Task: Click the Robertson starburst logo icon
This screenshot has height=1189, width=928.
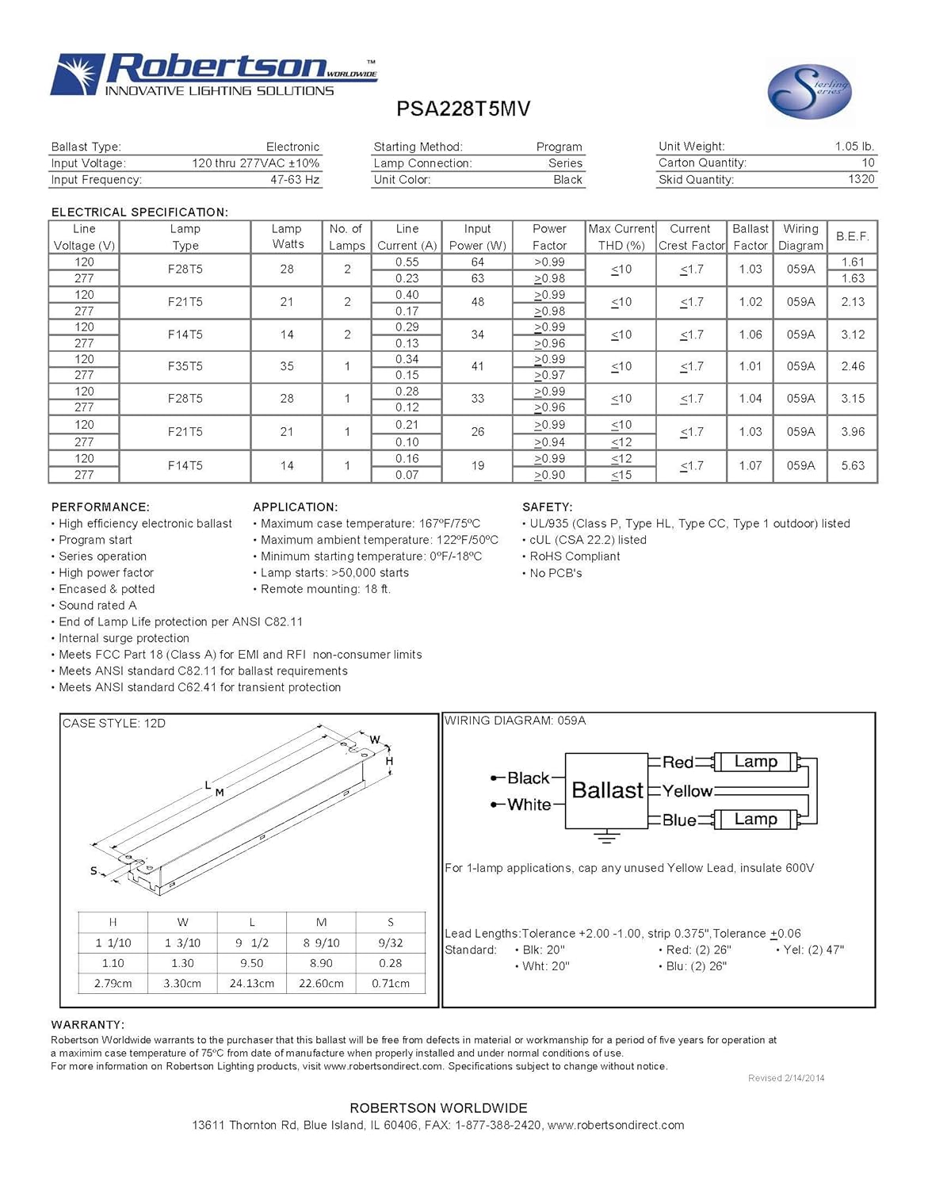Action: coord(78,75)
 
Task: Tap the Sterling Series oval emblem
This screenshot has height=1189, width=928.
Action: coord(808,92)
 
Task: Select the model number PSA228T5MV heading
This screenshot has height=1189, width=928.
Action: coord(463,109)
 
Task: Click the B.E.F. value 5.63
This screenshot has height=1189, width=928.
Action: coord(853,466)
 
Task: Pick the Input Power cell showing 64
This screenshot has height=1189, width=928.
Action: coord(477,262)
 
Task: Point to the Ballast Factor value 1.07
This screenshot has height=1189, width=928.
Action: coord(750,466)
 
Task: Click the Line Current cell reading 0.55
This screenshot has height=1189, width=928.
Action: coord(407,262)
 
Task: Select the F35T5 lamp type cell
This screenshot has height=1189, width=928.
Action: coord(185,366)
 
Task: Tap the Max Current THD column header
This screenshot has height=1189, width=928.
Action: coord(621,237)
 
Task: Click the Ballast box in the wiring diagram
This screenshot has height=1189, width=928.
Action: coord(607,790)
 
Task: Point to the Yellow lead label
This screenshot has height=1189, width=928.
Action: coord(687,791)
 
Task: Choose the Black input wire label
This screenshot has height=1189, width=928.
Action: coord(528,778)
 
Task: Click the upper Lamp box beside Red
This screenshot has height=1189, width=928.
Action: coord(755,762)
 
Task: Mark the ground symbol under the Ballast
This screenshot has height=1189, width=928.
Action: coord(606,836)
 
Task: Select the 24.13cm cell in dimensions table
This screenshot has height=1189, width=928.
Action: coord(252,984)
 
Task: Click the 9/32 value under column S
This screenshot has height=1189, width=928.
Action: coord(391,942)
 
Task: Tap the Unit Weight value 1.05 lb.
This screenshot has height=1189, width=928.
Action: coord(854,147)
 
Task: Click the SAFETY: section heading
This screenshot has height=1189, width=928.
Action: coord(548,507)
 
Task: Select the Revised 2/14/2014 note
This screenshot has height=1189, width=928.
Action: coord(786,1078)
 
